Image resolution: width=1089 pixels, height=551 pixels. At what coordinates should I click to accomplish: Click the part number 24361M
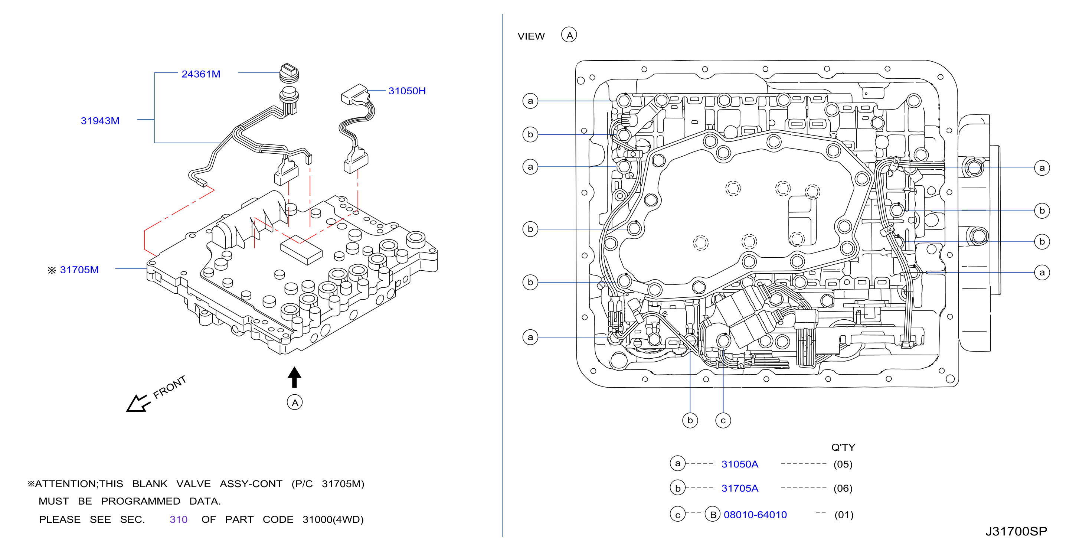click(x=201, y=74)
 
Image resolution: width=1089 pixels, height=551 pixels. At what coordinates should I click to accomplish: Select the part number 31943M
click(x=100, y=121)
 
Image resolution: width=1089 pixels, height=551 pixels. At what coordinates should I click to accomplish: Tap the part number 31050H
click(x=407, y=91)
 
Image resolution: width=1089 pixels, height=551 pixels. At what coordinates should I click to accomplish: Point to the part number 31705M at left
click(x=79, y=270)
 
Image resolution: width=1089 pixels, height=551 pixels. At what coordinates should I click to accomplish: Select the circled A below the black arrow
click(x=295, y=402)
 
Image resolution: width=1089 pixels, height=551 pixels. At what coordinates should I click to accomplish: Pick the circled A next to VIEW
click(x=569, y=35)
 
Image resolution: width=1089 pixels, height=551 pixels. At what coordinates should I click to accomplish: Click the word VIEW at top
click(x=531, y=36)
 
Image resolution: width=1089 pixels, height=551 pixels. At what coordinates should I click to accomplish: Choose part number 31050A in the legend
click(x=740, y=464)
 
